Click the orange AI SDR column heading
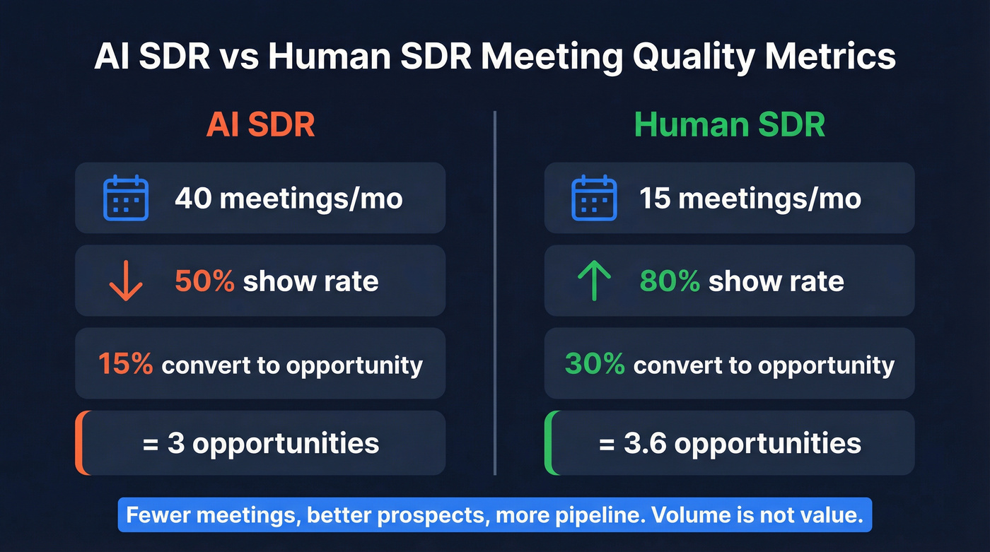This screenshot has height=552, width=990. pyautogui.click(x=260, y=125)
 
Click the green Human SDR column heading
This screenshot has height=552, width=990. pyautogui.click(x=729, y=125)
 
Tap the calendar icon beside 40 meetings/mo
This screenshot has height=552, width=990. pyautogui.click(x=126, y=199)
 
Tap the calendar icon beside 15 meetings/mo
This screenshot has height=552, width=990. pyautogui.click(x=594, y=199)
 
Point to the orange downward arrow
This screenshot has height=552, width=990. pyautogui.click(x=126, y=281)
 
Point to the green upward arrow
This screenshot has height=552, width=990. pyautogui.click(x=594, y=281)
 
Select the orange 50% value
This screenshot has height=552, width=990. pyautogui.click(x=204, y=281)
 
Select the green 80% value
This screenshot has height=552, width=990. pyautogui.click(x=670, y=281)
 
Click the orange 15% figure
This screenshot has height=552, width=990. pyautogui.click(x=125, y=364)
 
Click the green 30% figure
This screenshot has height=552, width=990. pyautogui.click(x=594, y=364)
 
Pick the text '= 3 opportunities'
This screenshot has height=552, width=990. pyautogui.click(x=260, y=443)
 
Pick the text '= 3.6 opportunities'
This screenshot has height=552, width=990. pyautogui.click(x=730, y=443)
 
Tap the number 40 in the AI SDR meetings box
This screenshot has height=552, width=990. pyautogui.click(x=192, y=199)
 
